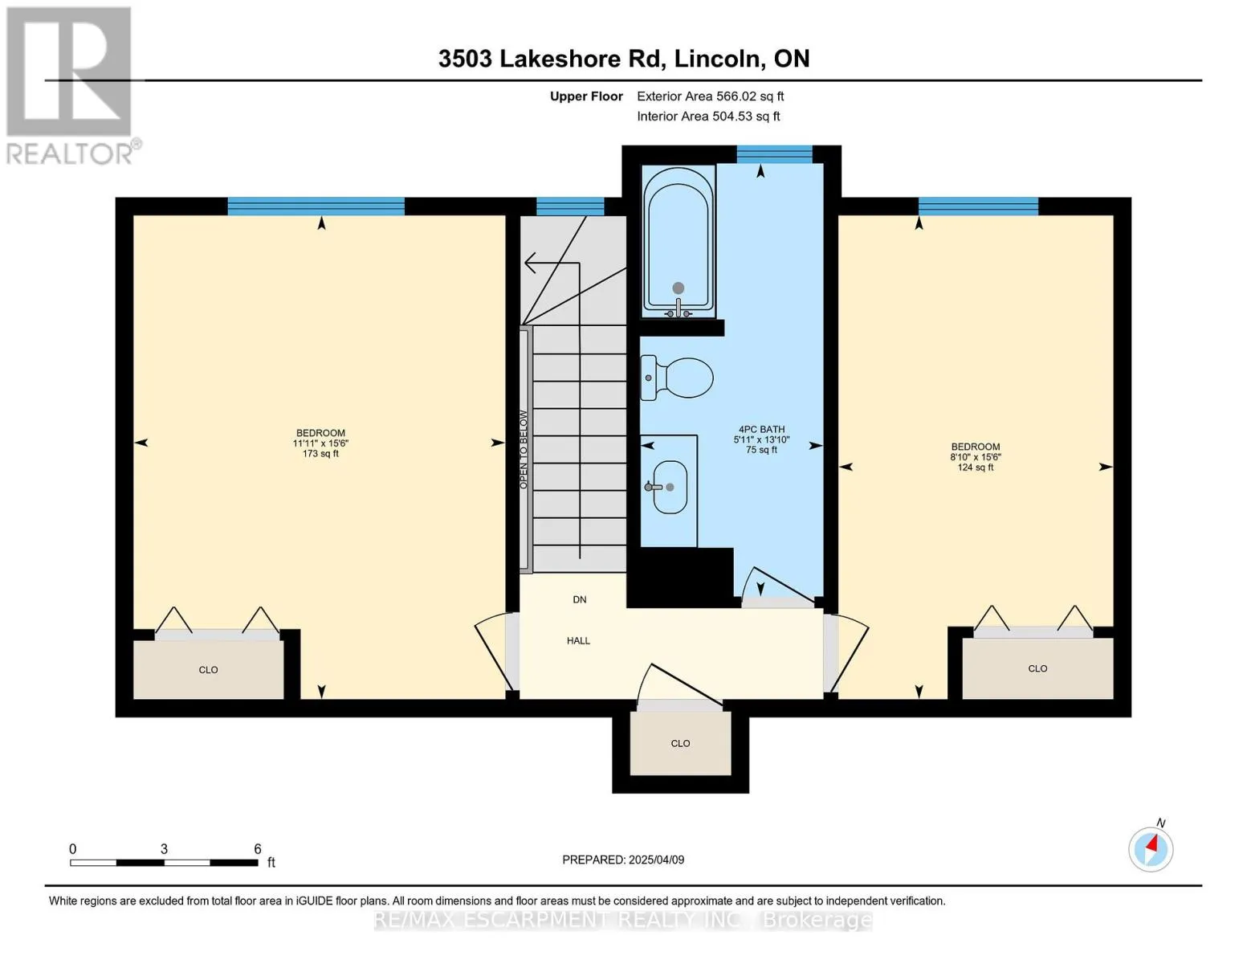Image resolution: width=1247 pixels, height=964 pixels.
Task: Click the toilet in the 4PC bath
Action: coord(677,378)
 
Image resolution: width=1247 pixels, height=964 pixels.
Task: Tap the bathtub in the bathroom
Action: coord(679,241)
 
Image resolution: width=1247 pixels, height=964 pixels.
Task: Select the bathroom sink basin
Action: coord(670,487)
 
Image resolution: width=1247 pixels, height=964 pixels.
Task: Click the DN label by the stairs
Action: coord(580,599)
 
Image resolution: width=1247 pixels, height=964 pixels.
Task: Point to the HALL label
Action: coord(578,641)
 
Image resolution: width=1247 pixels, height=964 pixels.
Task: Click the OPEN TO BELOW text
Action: coord(524,450)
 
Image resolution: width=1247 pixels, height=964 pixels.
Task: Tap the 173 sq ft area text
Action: coord(321,454)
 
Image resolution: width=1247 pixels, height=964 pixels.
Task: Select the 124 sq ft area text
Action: coord(976,468)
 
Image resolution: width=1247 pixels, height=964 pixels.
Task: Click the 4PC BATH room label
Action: coord(761,430)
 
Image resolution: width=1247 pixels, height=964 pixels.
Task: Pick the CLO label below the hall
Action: coord(681,744)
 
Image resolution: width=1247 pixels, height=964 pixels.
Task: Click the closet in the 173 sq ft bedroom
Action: coord(208,670)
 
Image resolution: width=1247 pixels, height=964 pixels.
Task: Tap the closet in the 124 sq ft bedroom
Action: coord(1037,668)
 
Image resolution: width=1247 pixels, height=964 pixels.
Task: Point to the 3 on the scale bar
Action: coord(164,849)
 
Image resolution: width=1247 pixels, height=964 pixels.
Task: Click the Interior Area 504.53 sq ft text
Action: coord(709,116)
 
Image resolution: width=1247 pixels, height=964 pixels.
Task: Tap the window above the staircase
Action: coord(570,206)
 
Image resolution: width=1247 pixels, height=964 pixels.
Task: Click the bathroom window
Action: coord(775,154)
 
